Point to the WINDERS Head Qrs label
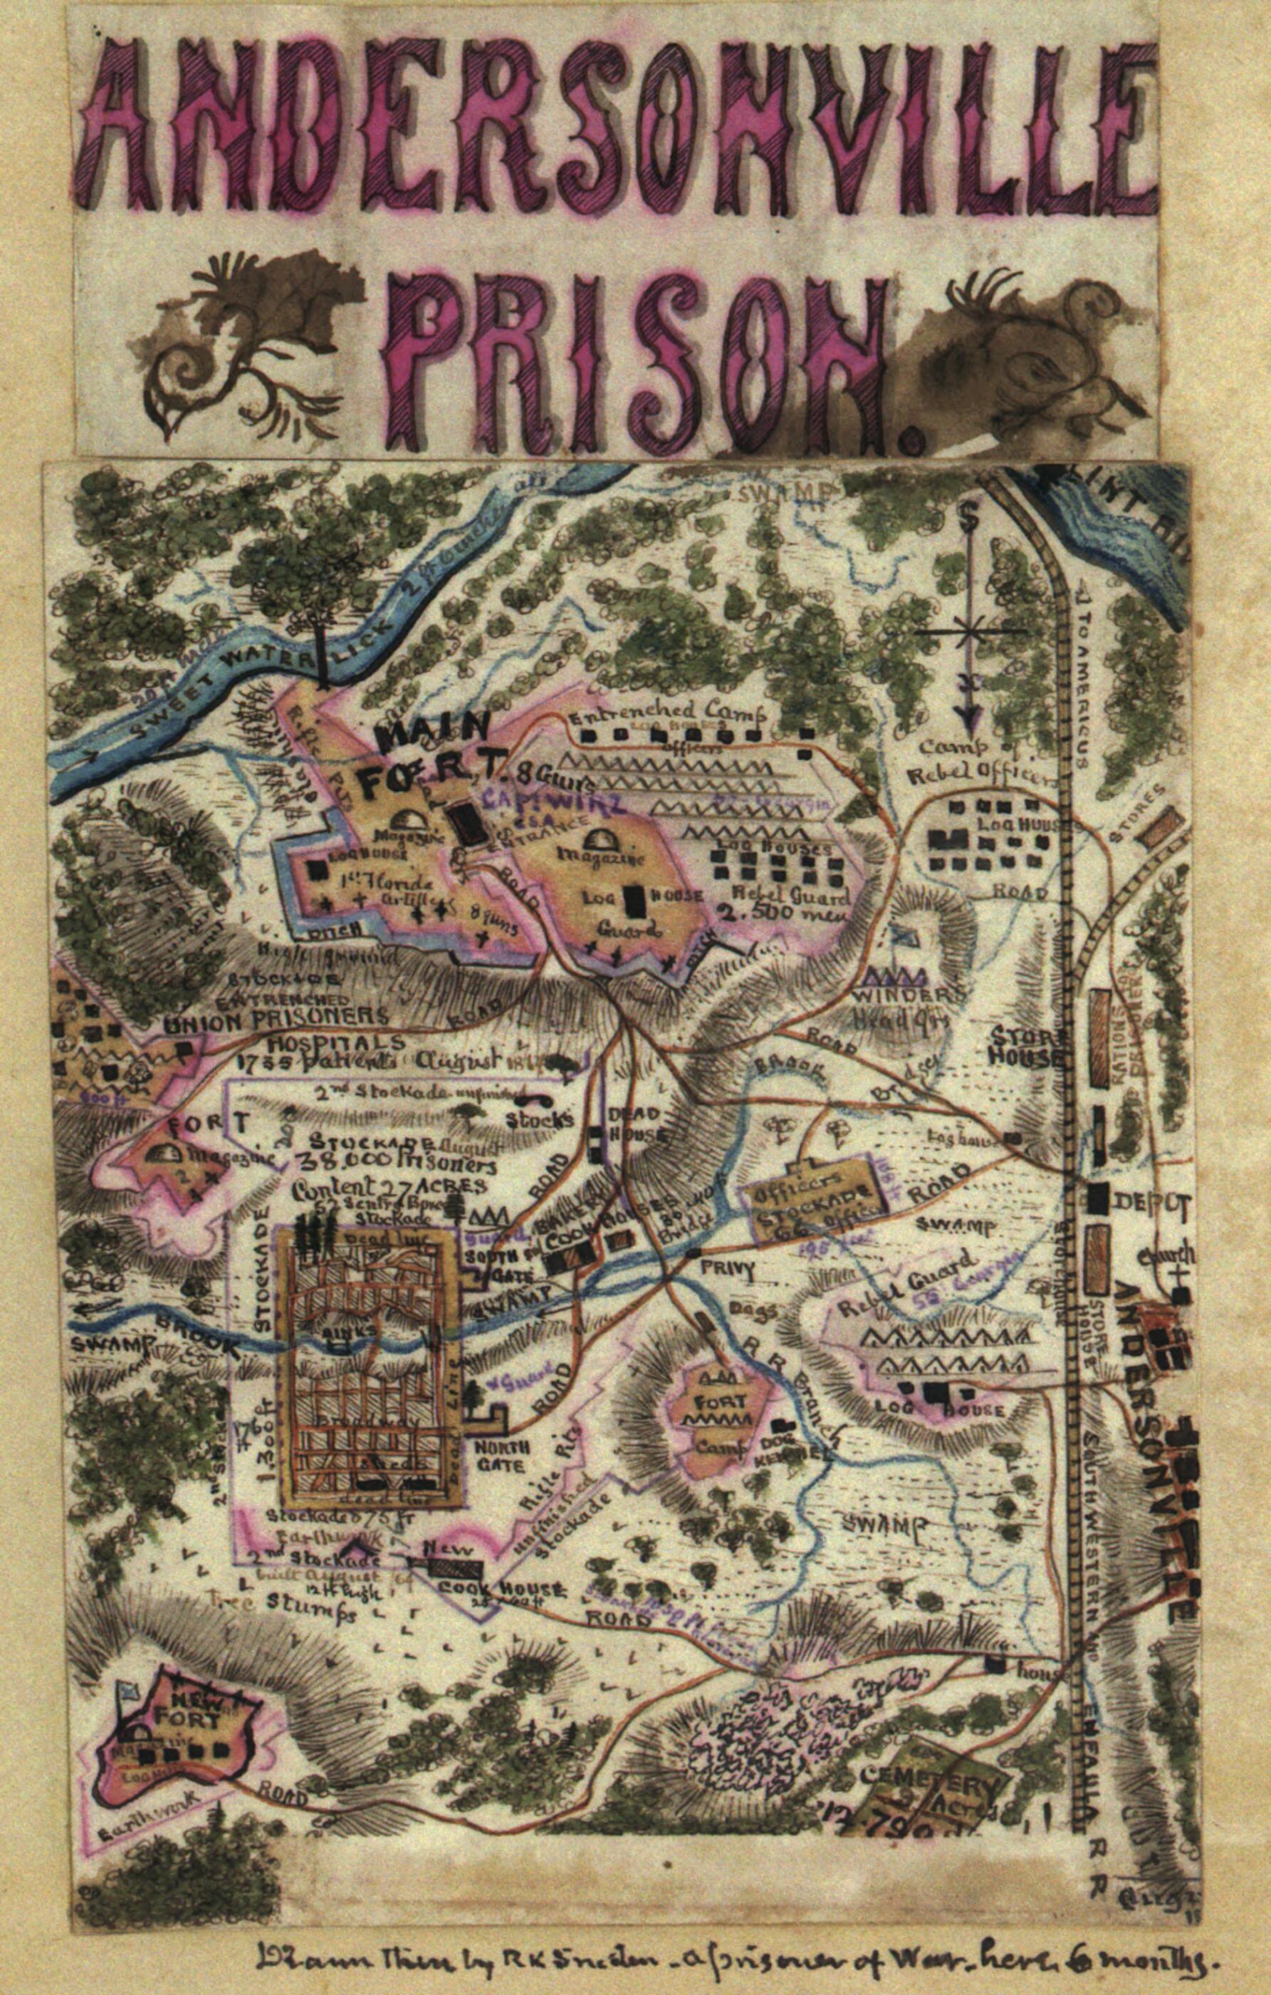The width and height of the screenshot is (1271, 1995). click(x=911, y=1003)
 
